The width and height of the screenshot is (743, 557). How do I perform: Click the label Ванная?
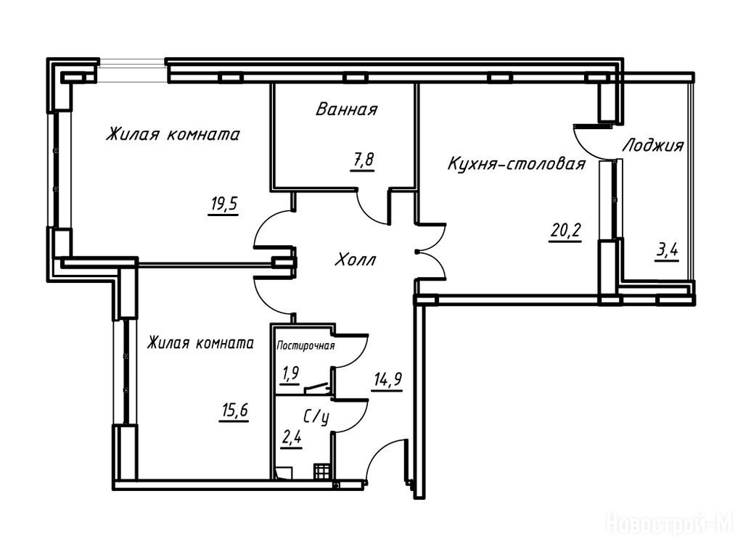(346, 110)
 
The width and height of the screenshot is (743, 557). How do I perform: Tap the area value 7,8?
(363, 160)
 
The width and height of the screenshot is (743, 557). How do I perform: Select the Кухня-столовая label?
(517, 165)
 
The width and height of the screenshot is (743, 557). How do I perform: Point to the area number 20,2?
(565, 231)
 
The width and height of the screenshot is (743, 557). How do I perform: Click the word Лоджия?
(653, 145)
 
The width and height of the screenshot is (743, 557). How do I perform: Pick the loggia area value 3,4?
(667, 252)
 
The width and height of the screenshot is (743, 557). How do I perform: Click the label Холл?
(356, 260)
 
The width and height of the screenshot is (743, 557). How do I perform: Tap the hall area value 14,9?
(388, 380)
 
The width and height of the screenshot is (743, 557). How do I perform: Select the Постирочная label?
(305, 346)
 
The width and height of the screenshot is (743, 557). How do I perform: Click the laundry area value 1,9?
(290, 375)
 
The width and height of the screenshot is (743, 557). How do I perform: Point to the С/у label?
(316, 417)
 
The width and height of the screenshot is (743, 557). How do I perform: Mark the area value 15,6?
(234, 410)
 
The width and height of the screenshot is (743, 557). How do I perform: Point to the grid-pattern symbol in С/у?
(321, 471)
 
